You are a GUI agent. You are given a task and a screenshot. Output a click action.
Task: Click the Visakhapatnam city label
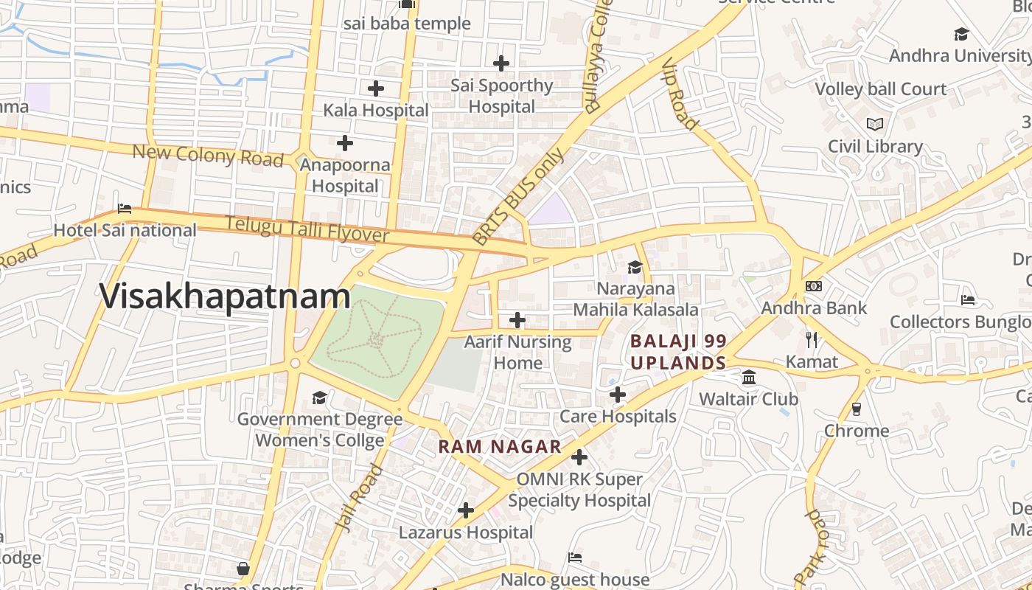click(225, 296)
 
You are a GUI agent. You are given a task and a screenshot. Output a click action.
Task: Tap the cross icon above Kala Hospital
click(376, 88)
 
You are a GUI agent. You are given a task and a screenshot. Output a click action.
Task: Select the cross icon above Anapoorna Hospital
click(344, 143)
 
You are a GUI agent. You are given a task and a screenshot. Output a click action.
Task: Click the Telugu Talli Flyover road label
click(307, 229)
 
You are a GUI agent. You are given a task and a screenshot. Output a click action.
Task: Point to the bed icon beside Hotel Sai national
click(125, 209)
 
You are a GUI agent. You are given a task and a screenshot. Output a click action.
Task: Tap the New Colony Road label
click(207, 155)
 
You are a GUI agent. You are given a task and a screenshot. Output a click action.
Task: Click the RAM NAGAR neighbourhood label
click(500, 447)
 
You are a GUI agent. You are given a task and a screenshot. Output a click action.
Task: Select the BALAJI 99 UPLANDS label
click(678, 352)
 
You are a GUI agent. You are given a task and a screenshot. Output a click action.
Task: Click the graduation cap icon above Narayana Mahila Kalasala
click(635, 267)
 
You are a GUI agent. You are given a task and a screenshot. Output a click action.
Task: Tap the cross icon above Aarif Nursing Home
click(517, 320)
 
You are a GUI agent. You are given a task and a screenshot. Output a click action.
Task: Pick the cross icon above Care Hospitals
click(618, 395)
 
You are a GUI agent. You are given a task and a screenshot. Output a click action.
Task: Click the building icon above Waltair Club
click(749, 378)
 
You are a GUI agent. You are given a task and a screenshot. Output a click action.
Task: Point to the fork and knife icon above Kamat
click(812, 340)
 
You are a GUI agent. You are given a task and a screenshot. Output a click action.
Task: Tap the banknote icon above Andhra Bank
click(814, 286)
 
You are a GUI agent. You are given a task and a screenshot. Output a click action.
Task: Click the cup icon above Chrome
click(857, 409)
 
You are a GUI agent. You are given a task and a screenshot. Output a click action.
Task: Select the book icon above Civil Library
click(875, 125)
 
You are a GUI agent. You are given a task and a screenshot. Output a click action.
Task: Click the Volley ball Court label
click(880, 89)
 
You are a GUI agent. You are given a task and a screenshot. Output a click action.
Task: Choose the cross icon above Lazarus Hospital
click(466, 510)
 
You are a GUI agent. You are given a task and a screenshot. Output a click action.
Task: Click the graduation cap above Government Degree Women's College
click(319, 398)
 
